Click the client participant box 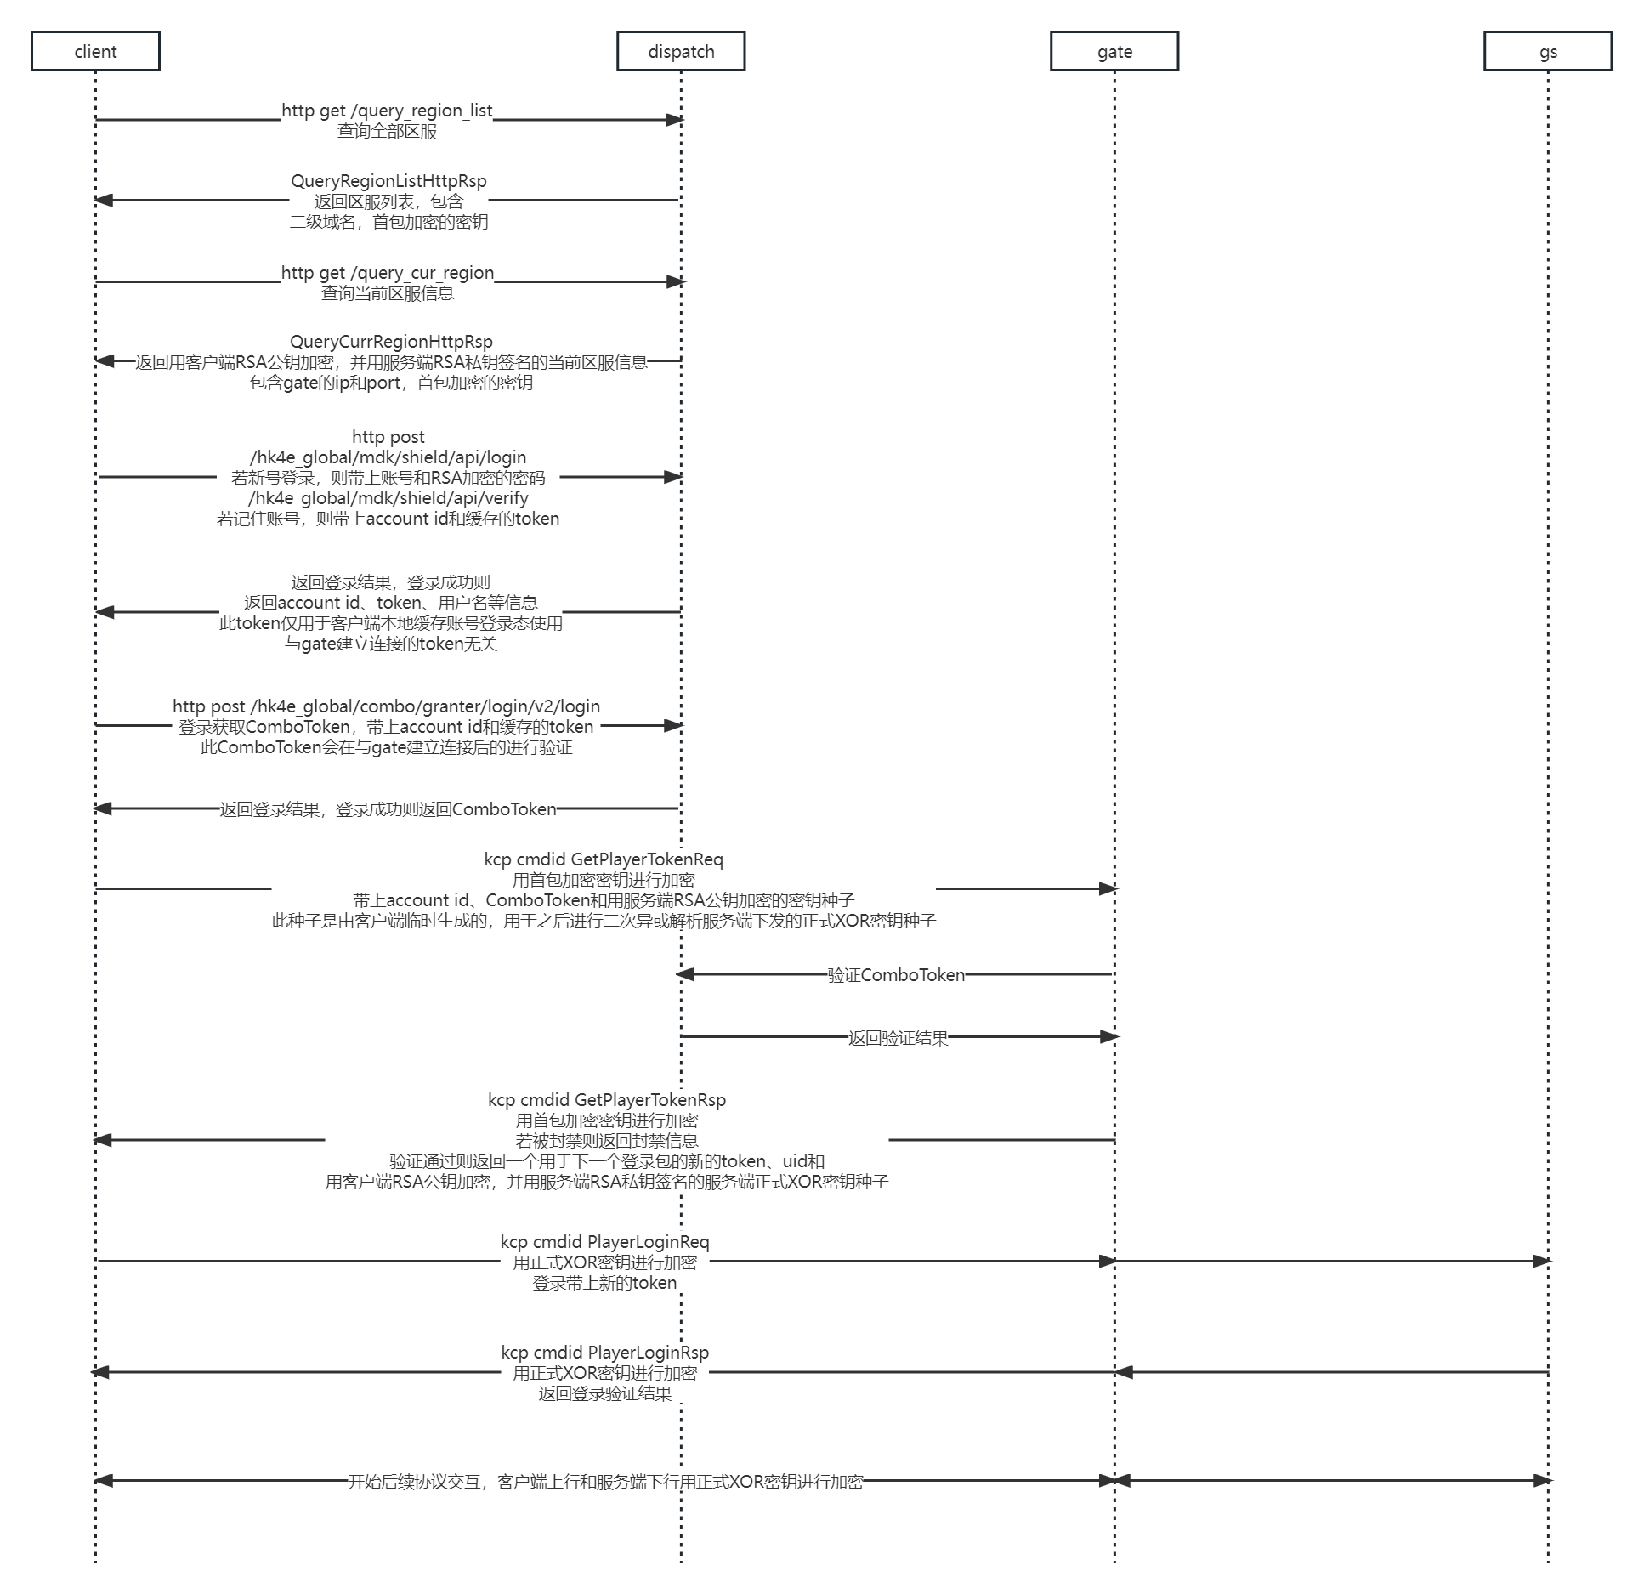(x=95, y=51)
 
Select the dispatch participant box (x=681, y=51)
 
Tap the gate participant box (x=1114, y=51)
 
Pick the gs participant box (x=1548, y=51)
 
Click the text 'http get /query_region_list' (x=387, y=111)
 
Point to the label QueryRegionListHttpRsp (x=388, y=181)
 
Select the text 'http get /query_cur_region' (x=388, y=273)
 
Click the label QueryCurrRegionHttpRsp (x=391, y=342)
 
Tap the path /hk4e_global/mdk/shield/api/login (x=388, y=457)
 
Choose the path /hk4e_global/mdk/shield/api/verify (x=388, y=498)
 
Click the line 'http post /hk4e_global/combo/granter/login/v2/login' (x=386, y=706)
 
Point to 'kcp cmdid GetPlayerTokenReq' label (x=604, y=859)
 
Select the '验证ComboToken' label (x=896, y=975)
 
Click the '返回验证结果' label (x=898, y=1038)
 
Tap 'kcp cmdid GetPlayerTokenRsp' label (x=607, y=1100)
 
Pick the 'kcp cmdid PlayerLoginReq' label (x=604, y=1242)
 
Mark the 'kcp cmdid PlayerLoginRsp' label (x=604, y=1353)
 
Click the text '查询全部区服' (x=387, y=131)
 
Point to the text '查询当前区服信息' (x=388, y=293)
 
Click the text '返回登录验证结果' (x=604, y=1393)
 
